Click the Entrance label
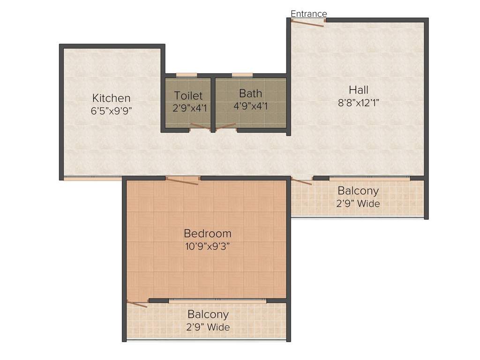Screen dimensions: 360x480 click(308, 14)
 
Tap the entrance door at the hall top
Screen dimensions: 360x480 click(307, 22)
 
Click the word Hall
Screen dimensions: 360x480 click(358, 90)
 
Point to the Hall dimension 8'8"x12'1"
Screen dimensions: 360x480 click(358, 103)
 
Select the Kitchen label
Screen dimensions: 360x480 click(111, 98)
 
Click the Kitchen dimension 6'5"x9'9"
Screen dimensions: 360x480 click(111, 111)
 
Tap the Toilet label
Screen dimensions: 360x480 click(188, 96)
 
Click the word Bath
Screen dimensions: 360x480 click(250, 93)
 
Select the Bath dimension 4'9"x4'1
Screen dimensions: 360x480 click(250, 106)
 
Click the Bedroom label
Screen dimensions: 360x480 click(207, 233)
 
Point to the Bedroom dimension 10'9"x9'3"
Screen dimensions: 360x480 click(207, 246)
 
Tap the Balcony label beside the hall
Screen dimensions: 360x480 click(358, 191)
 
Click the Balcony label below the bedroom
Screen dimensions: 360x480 click(208, 314)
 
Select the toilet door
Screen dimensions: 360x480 click(200, 127)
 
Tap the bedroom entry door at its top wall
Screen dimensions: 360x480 click(183, 180)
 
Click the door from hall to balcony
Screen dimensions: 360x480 click(302, 181)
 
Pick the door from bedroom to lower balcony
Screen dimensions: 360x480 click(137, 304)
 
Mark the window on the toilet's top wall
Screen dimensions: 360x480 click(186, 75)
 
